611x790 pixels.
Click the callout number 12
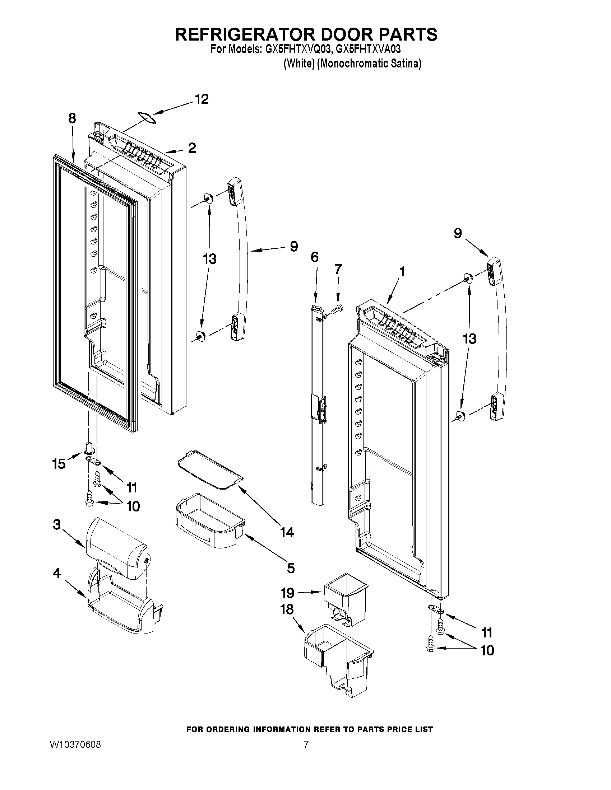(x=202, y=99)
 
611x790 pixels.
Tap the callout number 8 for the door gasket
(x=72, y=118)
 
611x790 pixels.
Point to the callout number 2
(x=192, y=148)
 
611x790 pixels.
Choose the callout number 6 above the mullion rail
(x=315, y=257)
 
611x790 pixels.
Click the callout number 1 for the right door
(x=402, y=272)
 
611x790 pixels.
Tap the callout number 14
(x=287, y=532)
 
